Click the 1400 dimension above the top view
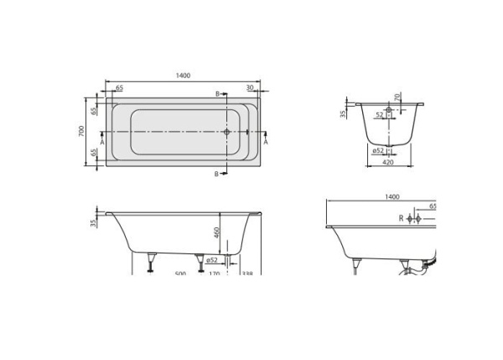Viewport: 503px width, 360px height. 184,76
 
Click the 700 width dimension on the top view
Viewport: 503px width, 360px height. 81,132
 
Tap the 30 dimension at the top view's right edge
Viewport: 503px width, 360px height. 251,87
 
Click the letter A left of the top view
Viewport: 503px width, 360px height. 101,143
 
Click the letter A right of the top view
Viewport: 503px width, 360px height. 266,143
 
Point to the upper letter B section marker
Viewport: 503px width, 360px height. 217,93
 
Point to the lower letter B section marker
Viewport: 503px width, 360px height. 217,173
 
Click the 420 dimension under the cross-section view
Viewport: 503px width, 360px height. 388,163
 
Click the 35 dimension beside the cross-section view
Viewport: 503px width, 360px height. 344,113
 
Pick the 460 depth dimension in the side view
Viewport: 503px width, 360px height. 215,232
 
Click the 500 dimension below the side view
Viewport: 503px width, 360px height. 179,273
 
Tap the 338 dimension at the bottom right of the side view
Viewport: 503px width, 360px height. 246,273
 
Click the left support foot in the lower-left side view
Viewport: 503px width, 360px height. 151,263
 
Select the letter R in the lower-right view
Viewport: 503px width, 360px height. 401,218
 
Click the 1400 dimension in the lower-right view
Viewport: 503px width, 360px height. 392,196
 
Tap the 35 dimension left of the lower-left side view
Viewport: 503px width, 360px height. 92,223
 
